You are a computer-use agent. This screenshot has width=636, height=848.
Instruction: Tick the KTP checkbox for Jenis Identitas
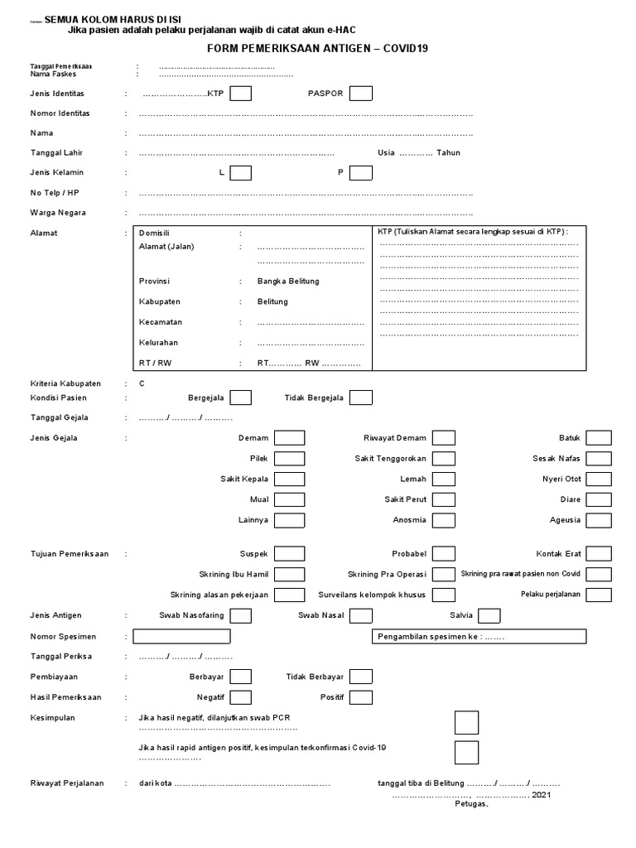pyautogui.click(x=241, y=94)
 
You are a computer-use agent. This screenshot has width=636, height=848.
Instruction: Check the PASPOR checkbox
pyautogui.click(x=360, y=94)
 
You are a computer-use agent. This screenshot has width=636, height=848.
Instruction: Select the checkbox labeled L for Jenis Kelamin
pyautogui.click(x=241, y=172)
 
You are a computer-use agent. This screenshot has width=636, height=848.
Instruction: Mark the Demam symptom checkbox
pyautogui.click(x=289, y=438)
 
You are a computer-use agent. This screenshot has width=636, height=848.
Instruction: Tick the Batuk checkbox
pyautogui.click(x=599, y=438)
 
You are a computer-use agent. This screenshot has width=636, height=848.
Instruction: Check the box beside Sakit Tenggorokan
pyautogui.click(x=444, y=459)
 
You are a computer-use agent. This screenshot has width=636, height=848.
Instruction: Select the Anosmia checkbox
pyautogui.click(x=444, y=520)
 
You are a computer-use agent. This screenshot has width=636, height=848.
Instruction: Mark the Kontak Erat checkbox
pyautogui.click(x=599, y=554)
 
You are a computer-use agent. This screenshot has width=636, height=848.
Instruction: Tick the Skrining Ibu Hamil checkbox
pyautogui.click(x=289, y=575)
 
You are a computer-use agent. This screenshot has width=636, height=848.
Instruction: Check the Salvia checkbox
pyautogui.click(x=489, y=615)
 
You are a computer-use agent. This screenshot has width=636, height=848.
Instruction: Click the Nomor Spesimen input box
pyautogui.click(x=181, y=636)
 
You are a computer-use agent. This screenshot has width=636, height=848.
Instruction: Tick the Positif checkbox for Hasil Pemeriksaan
pyautogui.click(x=360, y=697)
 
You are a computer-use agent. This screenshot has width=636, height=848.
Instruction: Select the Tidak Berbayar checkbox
pyautogui.click(x=360, y=677)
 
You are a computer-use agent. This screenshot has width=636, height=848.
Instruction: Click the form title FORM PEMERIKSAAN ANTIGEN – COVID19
pyautogui.click(x=317, y=48)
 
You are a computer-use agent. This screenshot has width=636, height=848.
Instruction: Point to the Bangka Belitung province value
pyautogui.click(x=287, y=282)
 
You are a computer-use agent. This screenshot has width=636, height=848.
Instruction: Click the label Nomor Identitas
pyautogui.click(x=60, y=113)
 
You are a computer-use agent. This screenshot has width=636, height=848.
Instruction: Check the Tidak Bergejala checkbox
pyautogui.click(x=360, y=397)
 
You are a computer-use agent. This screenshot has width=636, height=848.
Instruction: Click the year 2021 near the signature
pyautogui.click(x=541, y=794)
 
